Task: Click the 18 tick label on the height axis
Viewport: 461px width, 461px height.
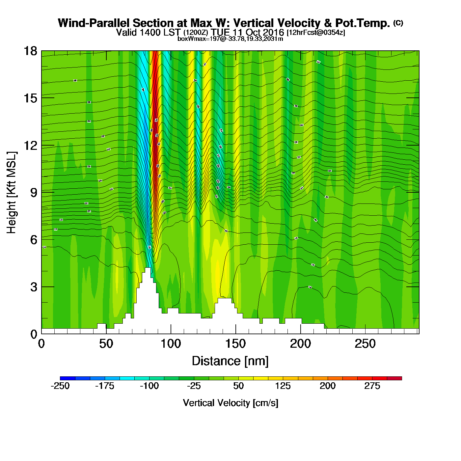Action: pyautogui.click(x=30, y=51)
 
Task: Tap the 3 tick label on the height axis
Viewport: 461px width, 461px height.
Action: pyautogui.click(x=34, y=287)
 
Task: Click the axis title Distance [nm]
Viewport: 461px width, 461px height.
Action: pyautogui.click(x=230, y=361)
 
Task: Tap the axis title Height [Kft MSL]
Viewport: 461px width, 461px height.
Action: pyautogui.click(x=12, y=193)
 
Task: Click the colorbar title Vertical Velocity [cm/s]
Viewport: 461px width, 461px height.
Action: pyautogui.click(x=230, y=403)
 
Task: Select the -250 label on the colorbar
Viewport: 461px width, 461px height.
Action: pyautogui.click(x=60, y=386)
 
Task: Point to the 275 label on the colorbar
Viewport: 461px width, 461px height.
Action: pyautogui.click(x=372, y=386)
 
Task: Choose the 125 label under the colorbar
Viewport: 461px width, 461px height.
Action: pyautogui.click(x=283, y=386)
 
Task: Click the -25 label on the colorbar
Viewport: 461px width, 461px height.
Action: pyautogui.click(x=194, y=386)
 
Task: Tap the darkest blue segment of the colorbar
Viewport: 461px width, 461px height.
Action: pyautogui.click(x=68, y=378)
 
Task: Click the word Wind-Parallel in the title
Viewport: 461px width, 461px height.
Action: pyautogui.click(x=94, y=23)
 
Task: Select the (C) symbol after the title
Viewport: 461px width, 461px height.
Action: pyautogui.click(x=398, y=23)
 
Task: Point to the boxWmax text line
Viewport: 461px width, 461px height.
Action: pyautogui.click(x=230, y=39)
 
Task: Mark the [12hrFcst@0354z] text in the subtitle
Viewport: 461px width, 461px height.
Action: pyautogui.click(x=316, y=33)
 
